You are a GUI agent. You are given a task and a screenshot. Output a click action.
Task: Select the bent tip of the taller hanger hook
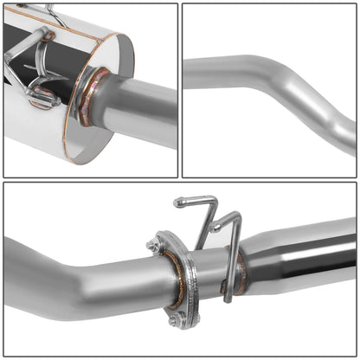click(x=178, y=203)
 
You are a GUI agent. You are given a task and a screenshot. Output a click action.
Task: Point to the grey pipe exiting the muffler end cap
click(x=143, y=104)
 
